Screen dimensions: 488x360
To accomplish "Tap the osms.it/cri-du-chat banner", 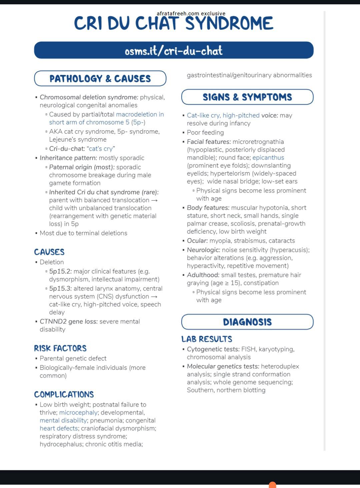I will (x=174, y=51).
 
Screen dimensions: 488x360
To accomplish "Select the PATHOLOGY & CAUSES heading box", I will (x=100, y=79).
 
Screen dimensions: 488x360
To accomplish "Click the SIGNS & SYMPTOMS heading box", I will (x=247, y=97).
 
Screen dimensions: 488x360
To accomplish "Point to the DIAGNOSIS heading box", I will (x=247, y=322).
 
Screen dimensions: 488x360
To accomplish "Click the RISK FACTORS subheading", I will (x=60, y=348).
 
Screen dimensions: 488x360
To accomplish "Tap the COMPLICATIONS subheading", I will (x=64, y=395).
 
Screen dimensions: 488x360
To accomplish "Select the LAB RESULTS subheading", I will (x=207, y=339).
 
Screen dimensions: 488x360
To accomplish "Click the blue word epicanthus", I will (x=268, y=158).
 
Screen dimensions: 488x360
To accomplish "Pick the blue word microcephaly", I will (x=78, y=412).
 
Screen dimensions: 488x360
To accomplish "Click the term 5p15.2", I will (x=60, y=271).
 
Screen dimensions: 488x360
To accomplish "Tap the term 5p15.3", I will (x=60, y=288).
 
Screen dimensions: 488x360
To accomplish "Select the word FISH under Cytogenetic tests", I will (x=248, y=349).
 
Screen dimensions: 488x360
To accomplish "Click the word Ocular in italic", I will (x=197, y=241).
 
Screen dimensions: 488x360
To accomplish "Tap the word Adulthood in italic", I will (x=203, y=275).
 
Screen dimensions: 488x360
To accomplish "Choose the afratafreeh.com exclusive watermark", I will (x=191, y=14).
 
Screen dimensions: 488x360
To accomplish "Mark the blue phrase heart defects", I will (x=59, y=428).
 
